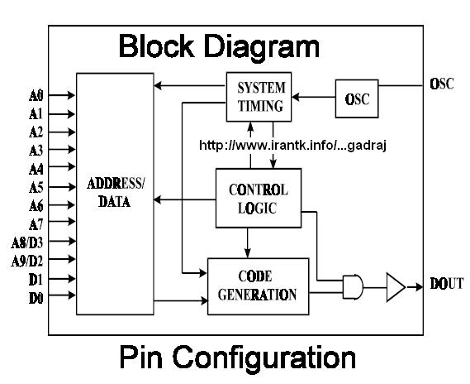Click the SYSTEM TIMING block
[x=259, y=97]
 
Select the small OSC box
[x=357, y=98]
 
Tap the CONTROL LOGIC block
[x=259, y=198]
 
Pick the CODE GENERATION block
[x=258, y=286]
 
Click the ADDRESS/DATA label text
[x=116, y=192]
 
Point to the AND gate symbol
[x=353, y=286]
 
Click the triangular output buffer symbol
[x=396, y=287]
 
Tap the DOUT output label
[x=447, y=284]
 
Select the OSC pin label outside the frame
[x=442, y=84]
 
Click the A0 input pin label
[x=36, y=96]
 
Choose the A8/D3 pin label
[x=27, y=242]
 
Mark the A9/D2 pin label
[x=27, y=262]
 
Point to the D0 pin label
[x=36, y=298]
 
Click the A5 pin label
[x=36, y=188]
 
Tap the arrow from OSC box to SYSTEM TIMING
[x=314, y=97]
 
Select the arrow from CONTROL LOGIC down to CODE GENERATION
[x=247, y=242]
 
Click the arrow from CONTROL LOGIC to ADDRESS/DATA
[x=185, y=199]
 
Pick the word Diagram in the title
[x=263, y=47]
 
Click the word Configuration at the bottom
[x=264, y=358]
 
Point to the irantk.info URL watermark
[x=292, y=146]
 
